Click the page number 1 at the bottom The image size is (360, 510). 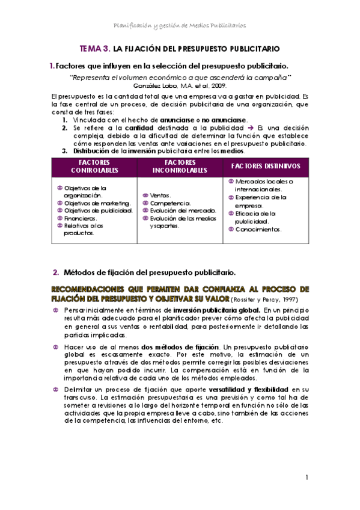307,478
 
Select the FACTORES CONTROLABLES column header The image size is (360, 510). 94,167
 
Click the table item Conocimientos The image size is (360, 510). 258,229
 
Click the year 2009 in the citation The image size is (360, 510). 217,86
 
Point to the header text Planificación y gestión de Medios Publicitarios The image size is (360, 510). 180,25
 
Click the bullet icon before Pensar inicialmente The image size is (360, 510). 56,309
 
